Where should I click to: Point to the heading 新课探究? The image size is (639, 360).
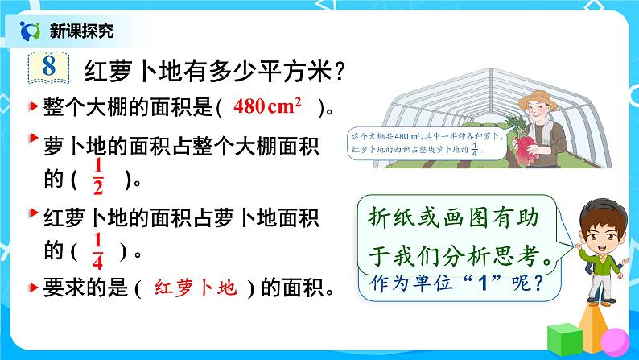coord(81,31)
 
